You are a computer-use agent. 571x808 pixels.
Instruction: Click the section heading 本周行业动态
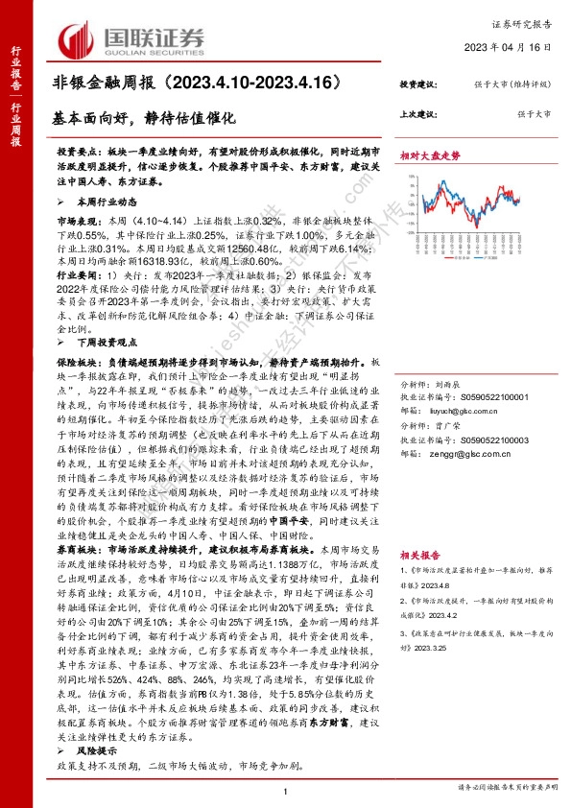point(98,202)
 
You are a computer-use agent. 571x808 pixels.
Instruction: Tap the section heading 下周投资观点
point(98,340)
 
